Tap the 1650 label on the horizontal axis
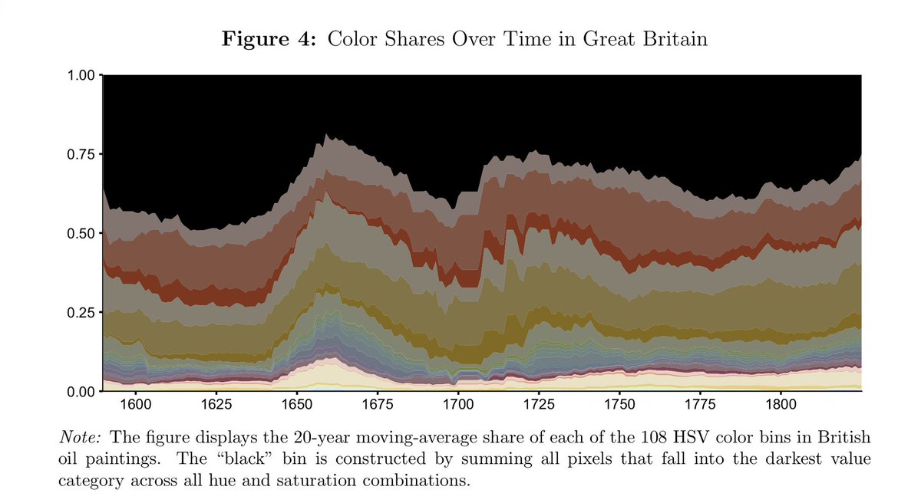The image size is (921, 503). pyautogui.click(x=296, y=402)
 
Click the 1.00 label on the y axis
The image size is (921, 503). pyautogui.click(x=81, y=75)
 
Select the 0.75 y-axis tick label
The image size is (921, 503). pyautogui.click(x=81, y=154)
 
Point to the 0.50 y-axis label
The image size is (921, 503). pyautogui.click(x=81, y=233)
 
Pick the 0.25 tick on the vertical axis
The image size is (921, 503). pyautogui.click(x=81, y=313)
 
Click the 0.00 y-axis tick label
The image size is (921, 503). pyautogui.click(x=81, y=392)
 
